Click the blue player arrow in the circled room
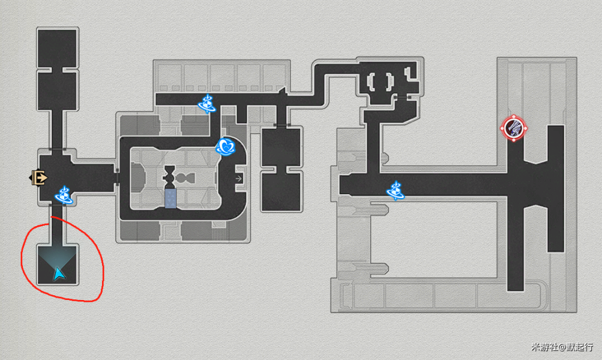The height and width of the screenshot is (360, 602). pos(59,274)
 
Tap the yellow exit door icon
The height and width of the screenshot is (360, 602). pos(39,178)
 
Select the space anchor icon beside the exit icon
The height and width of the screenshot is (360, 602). pos(64,196)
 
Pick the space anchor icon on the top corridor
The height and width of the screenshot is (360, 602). pos(207,104)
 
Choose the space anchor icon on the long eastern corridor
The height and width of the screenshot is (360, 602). pos(396,191)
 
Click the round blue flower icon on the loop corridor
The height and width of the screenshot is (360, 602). pos(225,146)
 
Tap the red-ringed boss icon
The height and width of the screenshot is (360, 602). pos(514,128)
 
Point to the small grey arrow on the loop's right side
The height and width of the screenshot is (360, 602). pos(239,178)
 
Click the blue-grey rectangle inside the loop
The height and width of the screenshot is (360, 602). pos(170,199)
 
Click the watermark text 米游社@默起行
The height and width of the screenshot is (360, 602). pos(562,347)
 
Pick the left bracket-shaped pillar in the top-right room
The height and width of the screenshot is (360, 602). pos(371,82)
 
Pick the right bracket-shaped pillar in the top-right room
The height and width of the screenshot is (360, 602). pos(390,82)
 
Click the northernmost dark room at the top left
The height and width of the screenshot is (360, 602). pos(58,48)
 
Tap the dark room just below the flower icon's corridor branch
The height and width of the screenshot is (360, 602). pos(281,148)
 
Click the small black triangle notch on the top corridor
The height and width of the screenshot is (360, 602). pos(283,91)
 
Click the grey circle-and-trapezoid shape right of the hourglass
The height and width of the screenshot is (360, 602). pos(185,178)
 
